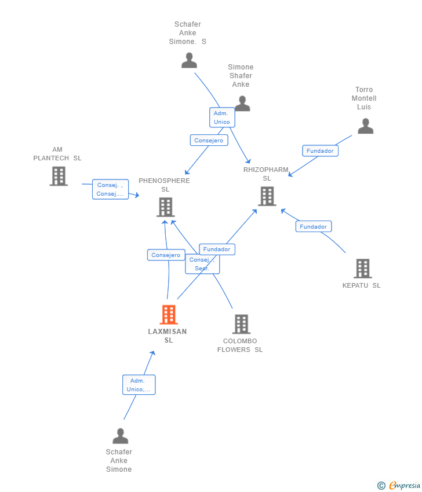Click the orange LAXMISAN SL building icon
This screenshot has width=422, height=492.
point(169,314)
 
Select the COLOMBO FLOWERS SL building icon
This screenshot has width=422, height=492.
point(242,324)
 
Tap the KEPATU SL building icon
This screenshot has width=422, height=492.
point(363,269)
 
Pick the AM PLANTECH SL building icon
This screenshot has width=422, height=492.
point(59,176)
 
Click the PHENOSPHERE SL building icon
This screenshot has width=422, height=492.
point(166,207)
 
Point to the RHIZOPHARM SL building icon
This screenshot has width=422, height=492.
point(267,196)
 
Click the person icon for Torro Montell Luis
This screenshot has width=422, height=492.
point(365,126)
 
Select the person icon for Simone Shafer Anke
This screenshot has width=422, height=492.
point(242,104)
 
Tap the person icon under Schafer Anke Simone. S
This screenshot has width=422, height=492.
point(189,61)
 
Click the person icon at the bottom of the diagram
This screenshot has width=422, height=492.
point(121,436)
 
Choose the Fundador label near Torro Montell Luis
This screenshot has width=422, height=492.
point(320,150)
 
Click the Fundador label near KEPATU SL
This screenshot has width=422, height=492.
point(314,226)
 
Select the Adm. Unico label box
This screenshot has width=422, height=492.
point(222,118)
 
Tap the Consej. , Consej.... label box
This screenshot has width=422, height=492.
point(110,189)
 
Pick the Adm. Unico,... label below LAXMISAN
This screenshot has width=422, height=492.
point(139,385)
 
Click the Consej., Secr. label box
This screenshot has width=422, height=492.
point(202,264)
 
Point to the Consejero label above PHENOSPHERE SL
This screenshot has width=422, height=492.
point(209,140)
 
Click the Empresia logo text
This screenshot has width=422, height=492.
point(405,485)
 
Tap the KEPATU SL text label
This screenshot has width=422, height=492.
point(361,285)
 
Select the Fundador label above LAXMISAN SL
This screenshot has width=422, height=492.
point(217,249)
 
